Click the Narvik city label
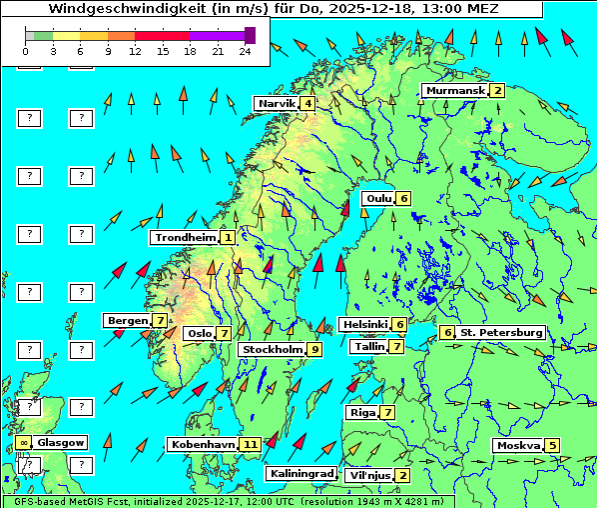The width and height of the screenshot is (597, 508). click(277, 104)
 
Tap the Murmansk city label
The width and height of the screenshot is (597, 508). click(455, 91)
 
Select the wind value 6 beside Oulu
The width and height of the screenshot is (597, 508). click(403, 198)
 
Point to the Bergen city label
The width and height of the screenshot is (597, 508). click(127, 320)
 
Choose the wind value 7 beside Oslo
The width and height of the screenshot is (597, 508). click(225, 334)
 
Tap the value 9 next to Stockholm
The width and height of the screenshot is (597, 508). click(314, 349)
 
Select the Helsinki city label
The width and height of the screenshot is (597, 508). click(364, 324)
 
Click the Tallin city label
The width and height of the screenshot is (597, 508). click(369, 346)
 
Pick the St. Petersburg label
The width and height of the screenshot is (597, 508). click(501, 332)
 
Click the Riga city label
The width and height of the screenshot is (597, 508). click(360, 412)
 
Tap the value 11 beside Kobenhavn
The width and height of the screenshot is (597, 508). click(251, 444)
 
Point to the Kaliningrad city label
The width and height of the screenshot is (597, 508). click(301, 473)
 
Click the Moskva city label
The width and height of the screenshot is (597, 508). click(517, 445)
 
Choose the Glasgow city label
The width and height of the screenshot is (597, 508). click(62, 442)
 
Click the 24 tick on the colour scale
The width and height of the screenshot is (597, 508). click(245, 50)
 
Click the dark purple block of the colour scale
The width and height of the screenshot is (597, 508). click(250, 35)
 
